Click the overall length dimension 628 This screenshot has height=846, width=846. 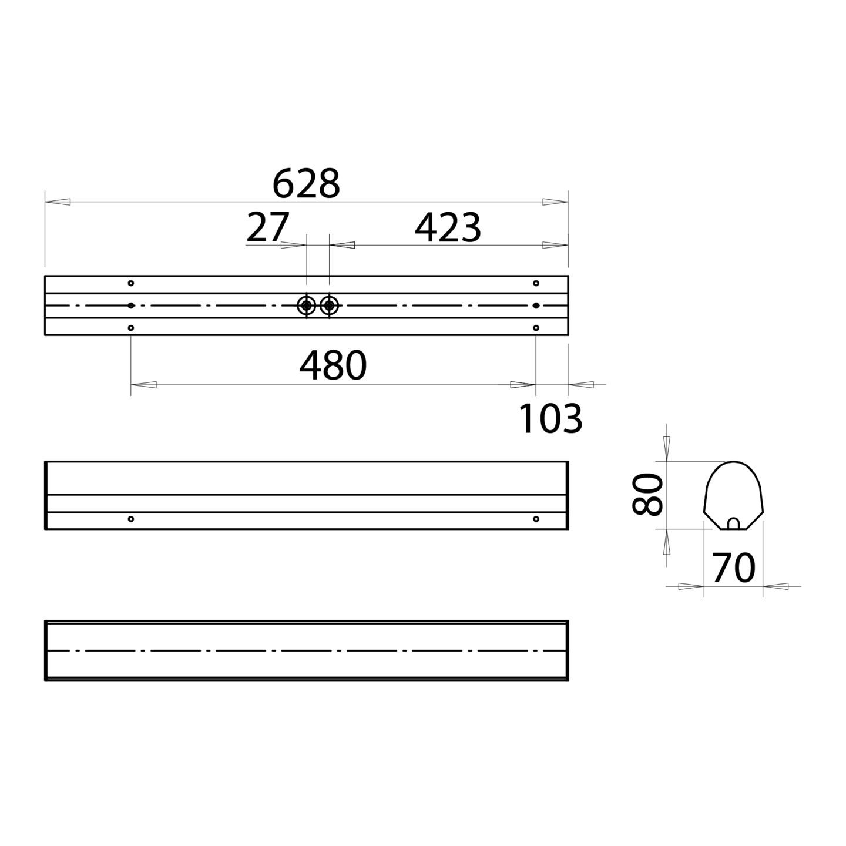point(306,183)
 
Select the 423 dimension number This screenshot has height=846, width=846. point(448,228)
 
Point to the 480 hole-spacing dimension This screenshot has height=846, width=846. point(333,365)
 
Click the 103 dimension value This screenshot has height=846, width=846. point(550,419)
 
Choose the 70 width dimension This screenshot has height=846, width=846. point(734,568)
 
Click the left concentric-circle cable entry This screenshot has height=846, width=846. point(307,305)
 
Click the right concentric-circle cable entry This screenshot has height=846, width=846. point(330,305)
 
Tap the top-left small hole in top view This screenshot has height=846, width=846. point(131,283)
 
